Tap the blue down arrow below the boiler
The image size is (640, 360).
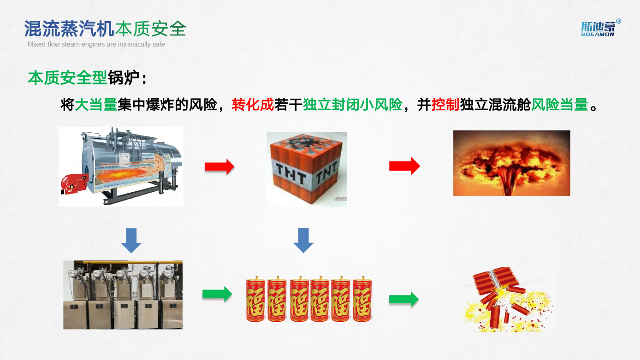131,240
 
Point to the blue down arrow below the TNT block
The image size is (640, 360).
303,240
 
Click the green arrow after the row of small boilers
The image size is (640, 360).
217,294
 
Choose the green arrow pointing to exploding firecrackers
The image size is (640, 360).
403,299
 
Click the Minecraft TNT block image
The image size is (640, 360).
307,169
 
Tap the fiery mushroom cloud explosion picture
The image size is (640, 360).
511,163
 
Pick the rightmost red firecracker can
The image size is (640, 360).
362,299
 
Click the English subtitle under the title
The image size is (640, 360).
96,44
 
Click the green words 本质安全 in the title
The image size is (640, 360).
150,29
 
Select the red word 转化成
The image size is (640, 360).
253,105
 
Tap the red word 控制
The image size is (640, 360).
445,105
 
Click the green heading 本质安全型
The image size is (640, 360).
67,77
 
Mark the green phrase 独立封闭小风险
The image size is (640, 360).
352,105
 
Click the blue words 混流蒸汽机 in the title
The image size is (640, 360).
69,29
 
